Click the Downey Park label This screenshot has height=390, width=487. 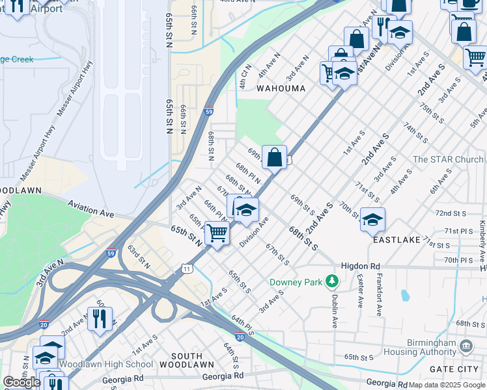pyautogui.click(x=296, y=283)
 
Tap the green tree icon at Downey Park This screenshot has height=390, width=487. pyautogui.click(x=333, y=281)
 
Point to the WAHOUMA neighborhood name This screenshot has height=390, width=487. pyautogui.click(x=281, y=88)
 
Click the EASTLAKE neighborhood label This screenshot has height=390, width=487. pyautogui.click(x=397, y=240)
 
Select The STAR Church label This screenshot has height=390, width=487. pyautogui.click(x=448, y=159)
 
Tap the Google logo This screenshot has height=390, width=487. pyautogui.click(x=21, y=382)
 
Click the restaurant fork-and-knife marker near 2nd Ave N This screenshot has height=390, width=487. pyautogui.click(x=100, y=318)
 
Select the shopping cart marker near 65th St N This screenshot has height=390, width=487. pyautogui.click(x=217, y=233)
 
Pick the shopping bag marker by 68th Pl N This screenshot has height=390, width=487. pyautogui.click(x=275, y=157)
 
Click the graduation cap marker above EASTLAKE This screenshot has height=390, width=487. pyautogui.click(x=372, y=220)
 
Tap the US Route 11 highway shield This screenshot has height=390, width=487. pyautogui.click(x=188, y=268)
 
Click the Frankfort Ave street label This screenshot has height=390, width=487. pyautogui.click(x=379, y=294)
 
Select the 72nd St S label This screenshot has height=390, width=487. pyautogui.click(x=451, y=213)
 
